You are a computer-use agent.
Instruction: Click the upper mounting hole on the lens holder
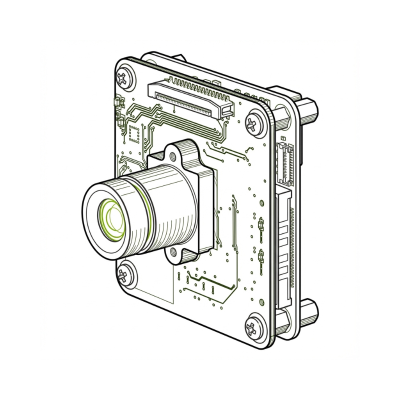175,148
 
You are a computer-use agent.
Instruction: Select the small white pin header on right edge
286,161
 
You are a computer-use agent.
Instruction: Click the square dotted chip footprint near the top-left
134,132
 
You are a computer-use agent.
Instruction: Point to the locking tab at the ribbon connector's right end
228,108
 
